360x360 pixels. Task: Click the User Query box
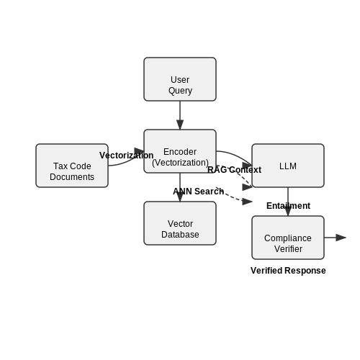tap(180, 79)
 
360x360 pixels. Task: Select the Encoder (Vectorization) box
tap(180, 151)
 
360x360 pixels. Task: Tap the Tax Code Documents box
tap(72, 166)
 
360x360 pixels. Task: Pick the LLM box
tap(288, 166)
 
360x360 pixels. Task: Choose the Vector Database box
tap(180, 223)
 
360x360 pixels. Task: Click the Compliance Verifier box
tap(288, 238)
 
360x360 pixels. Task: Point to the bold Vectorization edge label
tap(127, 156)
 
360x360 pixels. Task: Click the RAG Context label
tap(234, 170)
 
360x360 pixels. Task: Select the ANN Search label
tap(199, 192)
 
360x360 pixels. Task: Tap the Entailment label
tap(288, 206)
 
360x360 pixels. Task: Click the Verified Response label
tap(288, 271)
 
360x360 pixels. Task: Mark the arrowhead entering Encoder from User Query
tap(180, 125)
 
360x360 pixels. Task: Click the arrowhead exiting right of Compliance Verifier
tap(341, 238)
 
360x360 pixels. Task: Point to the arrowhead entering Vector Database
tap(180, 197)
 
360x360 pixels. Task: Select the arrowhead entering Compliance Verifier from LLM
tap(288, 211)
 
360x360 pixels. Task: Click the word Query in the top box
tap(180, 91)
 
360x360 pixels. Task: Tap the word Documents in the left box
tap(72, 177)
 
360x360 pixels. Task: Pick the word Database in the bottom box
tap(180, 235)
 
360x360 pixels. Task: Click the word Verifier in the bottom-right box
tap(288, 249)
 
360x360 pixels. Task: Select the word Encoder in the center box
tap(180, 152)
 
